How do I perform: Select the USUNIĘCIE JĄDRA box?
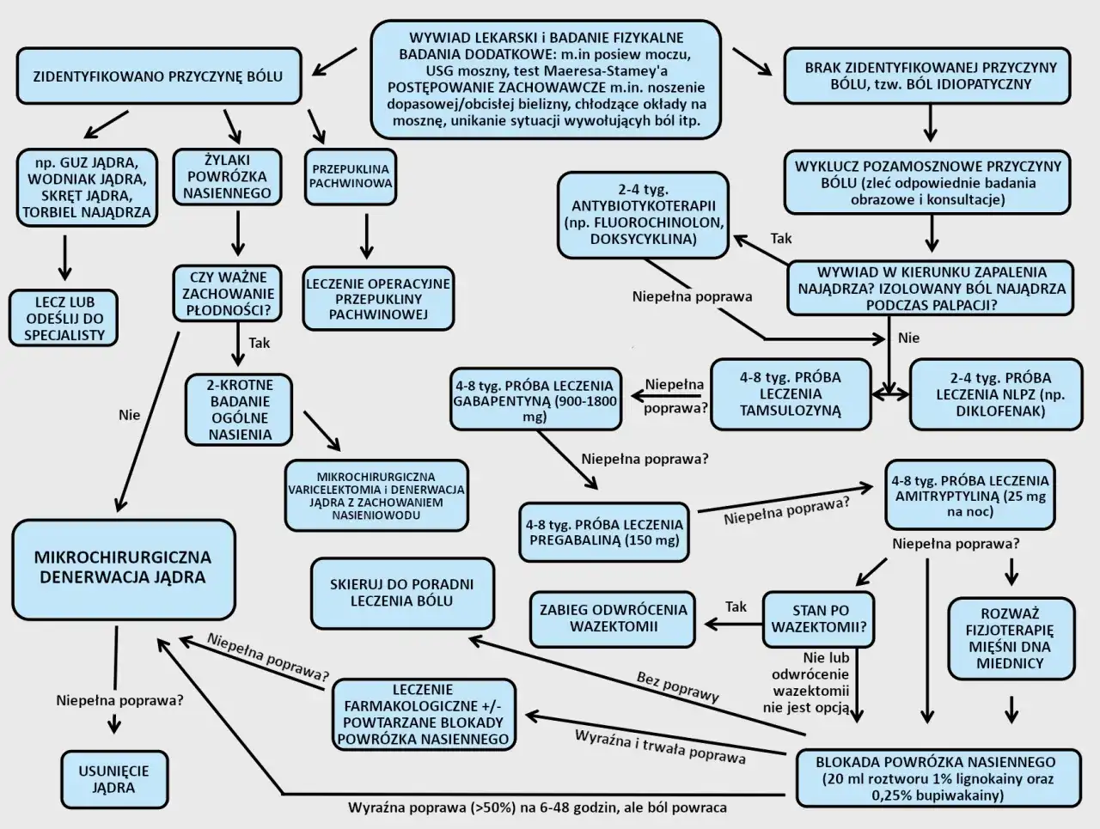pyautogui.click(x=113, y=779)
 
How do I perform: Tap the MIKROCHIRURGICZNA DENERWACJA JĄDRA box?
pyautogui.click(x=123, y=568)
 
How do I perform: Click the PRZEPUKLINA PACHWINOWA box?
pyautogui.click(x=350, y=176)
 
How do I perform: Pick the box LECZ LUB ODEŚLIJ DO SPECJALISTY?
pyautogui.click(x=64, y=318)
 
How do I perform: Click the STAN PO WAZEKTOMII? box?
pyautogui.click(x=819, y=619)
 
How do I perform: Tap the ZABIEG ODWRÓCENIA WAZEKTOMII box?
pyautogui.click(x=613, y=618)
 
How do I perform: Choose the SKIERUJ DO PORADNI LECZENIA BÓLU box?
pyautogui.click(x=401, y=592)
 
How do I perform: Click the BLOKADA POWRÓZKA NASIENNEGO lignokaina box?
pyautogui.click(x=935, y=778)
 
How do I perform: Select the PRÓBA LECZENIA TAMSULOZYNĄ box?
pyautogui.click(x=790, y=393)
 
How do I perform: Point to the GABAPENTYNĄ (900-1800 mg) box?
pyautogui.click(x=535, y=400)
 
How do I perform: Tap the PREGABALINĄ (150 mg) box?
pyautogui.click(x=605, y=532)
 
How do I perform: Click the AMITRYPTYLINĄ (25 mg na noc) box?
pyautogui.click(x=969, y=496)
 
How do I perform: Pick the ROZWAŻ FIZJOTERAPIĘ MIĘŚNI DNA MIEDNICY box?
pyautogui.click(x=1010, y=638)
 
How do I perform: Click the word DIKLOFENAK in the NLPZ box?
pyautogui.click(x=1000, y=411)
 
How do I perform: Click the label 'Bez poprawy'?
pyautogui.click(x=677, y=686)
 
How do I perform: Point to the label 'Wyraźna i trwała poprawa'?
pyautogui.click(x=659, y=747)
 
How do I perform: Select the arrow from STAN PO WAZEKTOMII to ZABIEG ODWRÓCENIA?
pyautogui.click(x=731, y=624)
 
